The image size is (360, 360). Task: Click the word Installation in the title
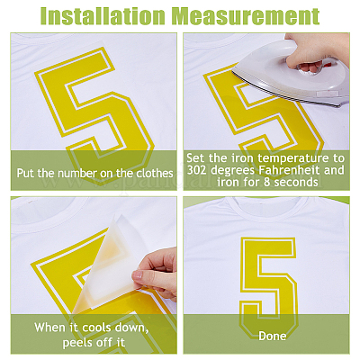click(103, 15)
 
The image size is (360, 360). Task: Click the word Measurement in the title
click(246, 15)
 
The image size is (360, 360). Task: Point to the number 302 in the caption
click(197, 170)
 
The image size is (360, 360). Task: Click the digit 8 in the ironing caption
click(266, 182)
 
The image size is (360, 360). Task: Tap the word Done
click(273, 336)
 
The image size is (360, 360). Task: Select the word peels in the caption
click(77, 343)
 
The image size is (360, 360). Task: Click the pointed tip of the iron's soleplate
click(233, 72)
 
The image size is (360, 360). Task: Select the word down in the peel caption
click(132, 328)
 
